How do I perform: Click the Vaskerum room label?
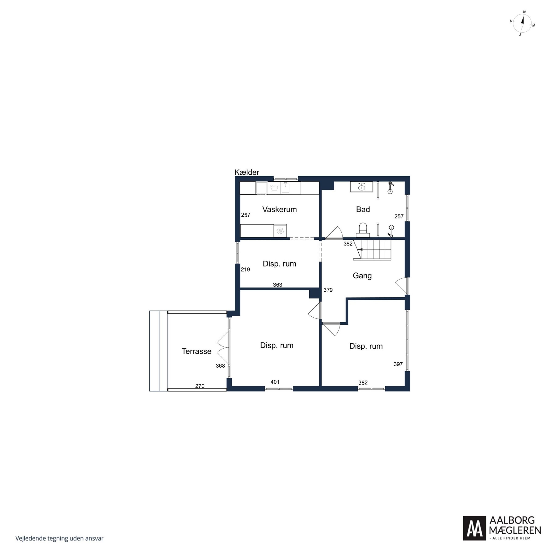coord(280,209)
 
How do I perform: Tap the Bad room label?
coord(363,209)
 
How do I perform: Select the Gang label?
coord(362,276)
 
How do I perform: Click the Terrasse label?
coord(196,351)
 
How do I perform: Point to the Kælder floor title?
coord(247,172)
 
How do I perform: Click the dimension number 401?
coord(275,382)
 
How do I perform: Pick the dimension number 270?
coord(200,386)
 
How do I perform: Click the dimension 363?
coord(277,285)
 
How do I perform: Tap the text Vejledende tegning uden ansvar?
coord(59,538)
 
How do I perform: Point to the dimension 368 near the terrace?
coord(220,366)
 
